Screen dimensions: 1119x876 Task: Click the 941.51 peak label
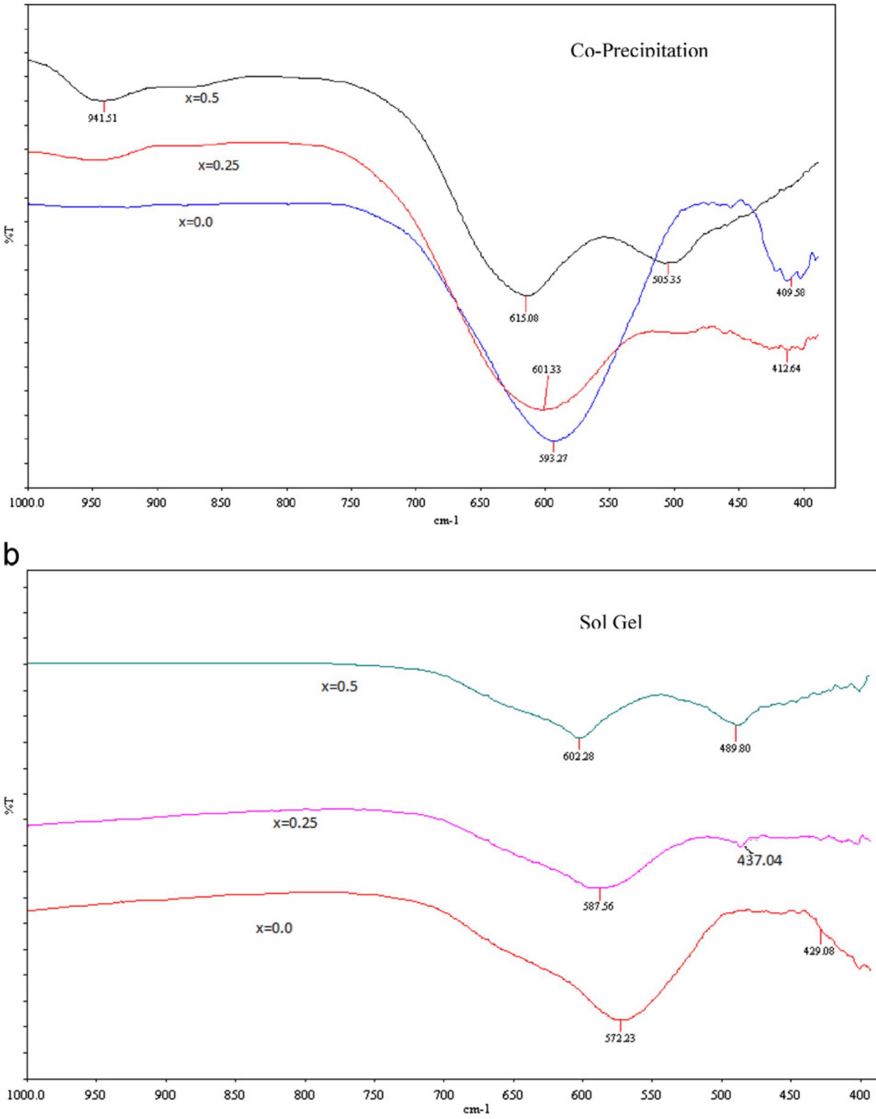[x=102, y=119]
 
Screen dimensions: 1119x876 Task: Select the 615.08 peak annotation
[x=524, y=318]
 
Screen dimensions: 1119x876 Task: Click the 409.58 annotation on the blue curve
[x=790, y=293]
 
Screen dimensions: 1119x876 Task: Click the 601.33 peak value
[x=547, y=370]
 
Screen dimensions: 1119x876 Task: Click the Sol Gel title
[x=610, y=623]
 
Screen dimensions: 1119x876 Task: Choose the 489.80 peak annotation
[x=735, y=748]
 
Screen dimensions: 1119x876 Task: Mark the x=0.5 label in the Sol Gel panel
[x=339, y=687]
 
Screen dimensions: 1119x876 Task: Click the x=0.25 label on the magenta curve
[x=295, y=823]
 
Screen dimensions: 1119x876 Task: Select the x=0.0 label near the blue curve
[x=196, y=222]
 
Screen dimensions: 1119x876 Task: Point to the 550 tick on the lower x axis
[x=651, y=1095]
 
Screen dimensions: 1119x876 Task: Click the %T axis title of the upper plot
[x=10, y=236]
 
